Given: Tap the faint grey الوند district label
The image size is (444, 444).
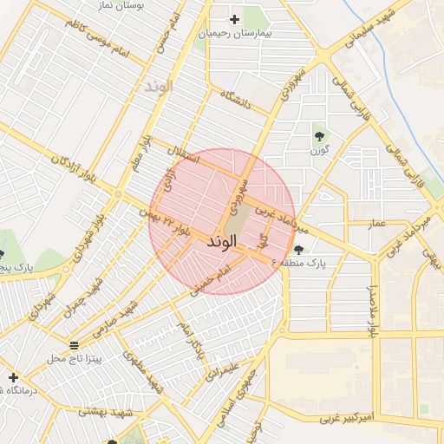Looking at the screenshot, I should tap(160, 87).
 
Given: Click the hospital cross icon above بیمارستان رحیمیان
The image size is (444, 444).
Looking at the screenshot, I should tap(234, 19).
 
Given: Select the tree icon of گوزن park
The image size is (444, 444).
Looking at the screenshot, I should tap(320, 135).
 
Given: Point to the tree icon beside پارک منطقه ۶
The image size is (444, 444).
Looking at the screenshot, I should tap(299, 250).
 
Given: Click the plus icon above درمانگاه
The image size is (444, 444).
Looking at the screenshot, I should tap(13, 377).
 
